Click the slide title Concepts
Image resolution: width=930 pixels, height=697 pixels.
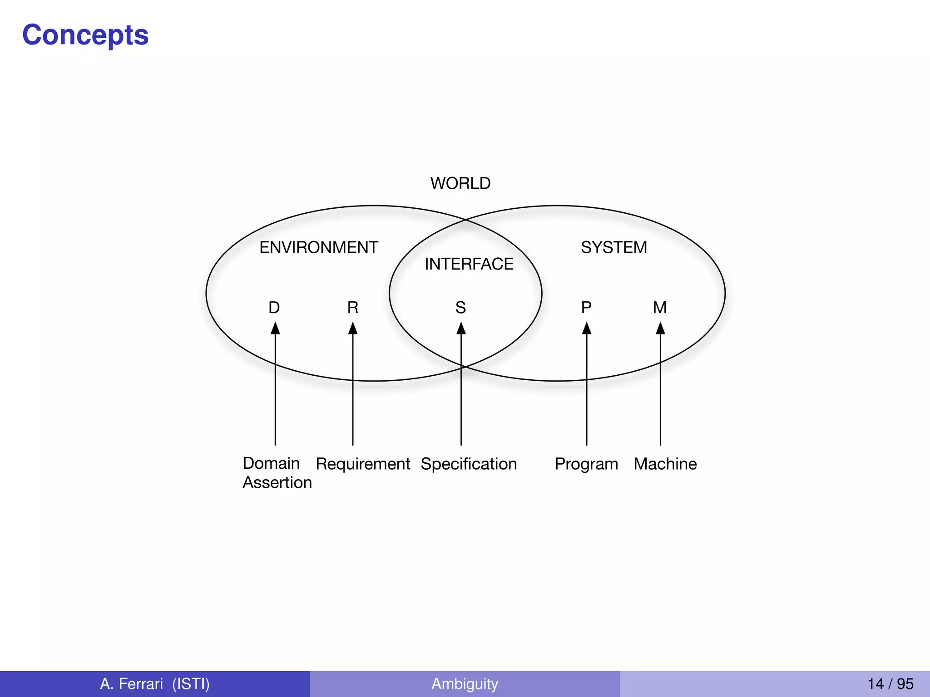click(85, 35)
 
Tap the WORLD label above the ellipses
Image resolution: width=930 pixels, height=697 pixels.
click(460, 183)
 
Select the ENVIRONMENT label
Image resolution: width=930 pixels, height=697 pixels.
click(319, 247)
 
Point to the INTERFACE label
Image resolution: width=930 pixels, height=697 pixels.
click(469, 264)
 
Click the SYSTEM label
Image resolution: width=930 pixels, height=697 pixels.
click(614, 247)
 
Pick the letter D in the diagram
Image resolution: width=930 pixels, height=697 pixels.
click(274, 308)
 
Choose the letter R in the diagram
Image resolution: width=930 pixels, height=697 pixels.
click(353, 308)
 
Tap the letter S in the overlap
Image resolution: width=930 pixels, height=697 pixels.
click(461, 308)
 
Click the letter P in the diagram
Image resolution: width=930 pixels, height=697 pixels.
click(586, 308)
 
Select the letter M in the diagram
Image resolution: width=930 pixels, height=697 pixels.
click(660, 308)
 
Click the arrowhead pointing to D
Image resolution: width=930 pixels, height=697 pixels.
click(275, 328)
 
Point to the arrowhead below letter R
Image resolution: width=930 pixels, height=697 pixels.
click(353, 328)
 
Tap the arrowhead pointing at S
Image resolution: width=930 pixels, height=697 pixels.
click(461, 328)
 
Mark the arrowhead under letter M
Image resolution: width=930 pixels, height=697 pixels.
click(660, 328)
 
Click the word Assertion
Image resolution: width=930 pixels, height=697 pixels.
click(277, 482)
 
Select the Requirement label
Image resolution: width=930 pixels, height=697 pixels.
click(363, 464)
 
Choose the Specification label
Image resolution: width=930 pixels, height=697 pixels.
click(469, 464)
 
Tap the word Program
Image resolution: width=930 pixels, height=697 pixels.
click(586, 464)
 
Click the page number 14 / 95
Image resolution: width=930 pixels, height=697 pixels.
click(890, 683)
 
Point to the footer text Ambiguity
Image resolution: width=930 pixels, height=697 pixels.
click(465, 683)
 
